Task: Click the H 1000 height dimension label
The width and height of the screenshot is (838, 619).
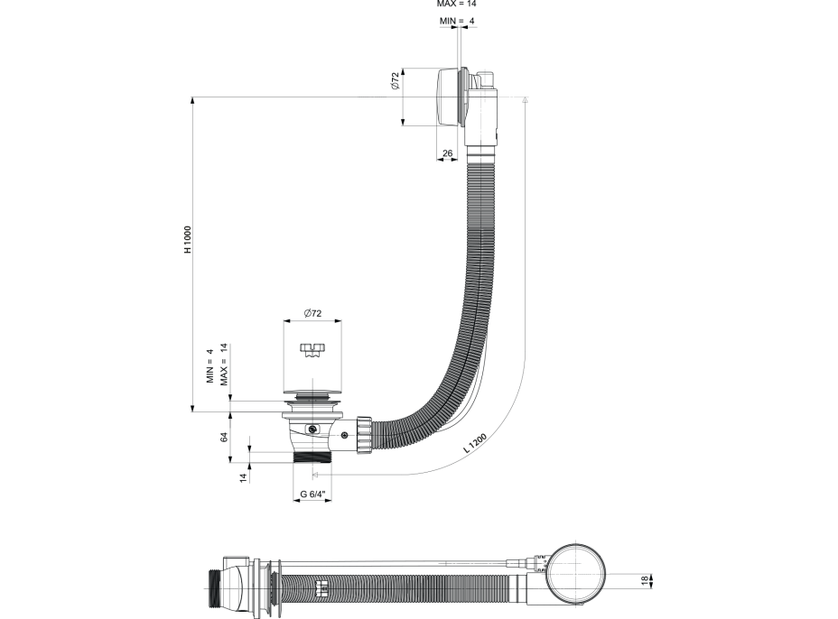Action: pos(188,241)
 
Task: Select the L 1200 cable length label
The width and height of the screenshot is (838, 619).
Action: pos(475,443)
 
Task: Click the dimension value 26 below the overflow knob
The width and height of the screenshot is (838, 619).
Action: pos(446,153)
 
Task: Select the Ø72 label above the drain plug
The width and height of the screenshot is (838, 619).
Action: pos(312,312)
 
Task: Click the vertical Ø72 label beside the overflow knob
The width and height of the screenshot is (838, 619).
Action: pos(395,82)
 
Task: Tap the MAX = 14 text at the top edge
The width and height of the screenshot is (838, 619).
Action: pos(456,4)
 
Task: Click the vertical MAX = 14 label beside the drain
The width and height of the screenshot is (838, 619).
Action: pos(222,365)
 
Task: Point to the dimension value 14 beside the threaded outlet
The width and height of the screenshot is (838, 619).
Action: pos(243,477)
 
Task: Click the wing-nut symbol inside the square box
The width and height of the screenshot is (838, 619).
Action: pos(312,349)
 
